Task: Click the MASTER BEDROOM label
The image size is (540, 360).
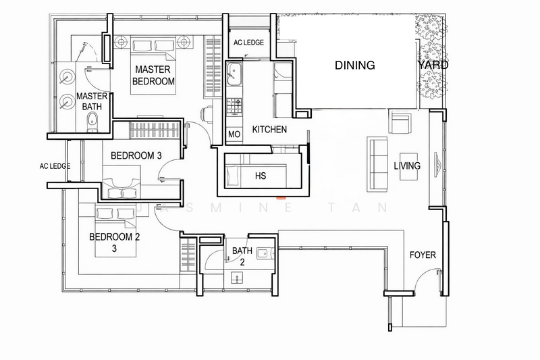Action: click(153, 75)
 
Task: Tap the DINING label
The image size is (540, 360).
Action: click(355, 65)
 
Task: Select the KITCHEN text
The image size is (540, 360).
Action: click(269, 130)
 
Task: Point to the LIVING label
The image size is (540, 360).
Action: click(407, 165)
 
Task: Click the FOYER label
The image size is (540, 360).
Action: click(423, 255)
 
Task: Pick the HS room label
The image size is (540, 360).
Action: click(261, 176)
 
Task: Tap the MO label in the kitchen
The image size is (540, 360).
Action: click(234, 134)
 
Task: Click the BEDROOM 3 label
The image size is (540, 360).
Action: click(136, 156)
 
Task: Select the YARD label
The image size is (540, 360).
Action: click(433, 65)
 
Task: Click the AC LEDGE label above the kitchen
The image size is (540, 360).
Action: click(248, 43)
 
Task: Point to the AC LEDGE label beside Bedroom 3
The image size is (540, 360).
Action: click(55, 166)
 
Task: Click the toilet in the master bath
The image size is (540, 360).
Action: click(92, 122)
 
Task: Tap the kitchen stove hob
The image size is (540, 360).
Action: click(234, 106)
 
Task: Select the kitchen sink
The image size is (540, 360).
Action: click(234, 74)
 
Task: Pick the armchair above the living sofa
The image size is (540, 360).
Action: click(400, 122)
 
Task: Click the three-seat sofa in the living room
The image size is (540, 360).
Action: click(377, 164)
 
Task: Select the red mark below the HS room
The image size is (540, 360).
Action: click(281, 198)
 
